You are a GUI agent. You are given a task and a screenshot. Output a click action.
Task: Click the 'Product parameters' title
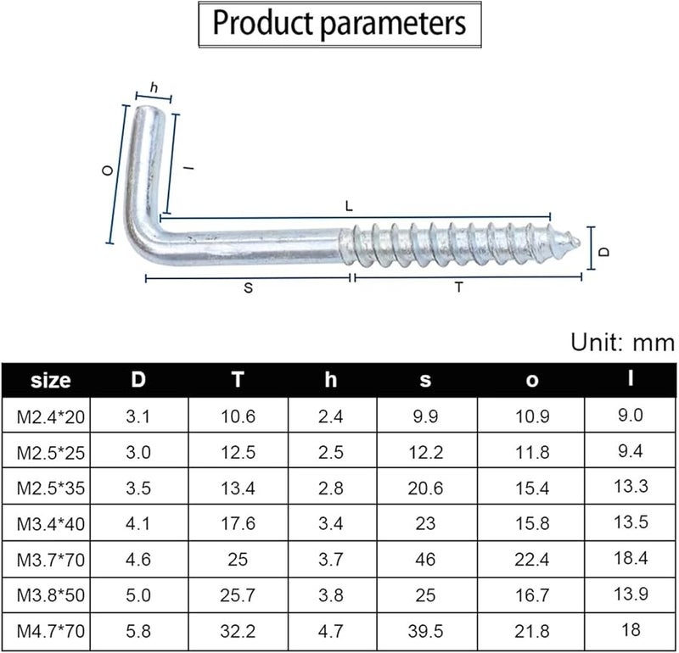[339, 23]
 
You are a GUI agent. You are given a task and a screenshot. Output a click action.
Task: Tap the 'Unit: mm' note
[622, 343]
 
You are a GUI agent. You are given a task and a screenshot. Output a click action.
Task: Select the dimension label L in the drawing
[349, 206]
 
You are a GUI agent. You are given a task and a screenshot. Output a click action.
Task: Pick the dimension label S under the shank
[248, 287]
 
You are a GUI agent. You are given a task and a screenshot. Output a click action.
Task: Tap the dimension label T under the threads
[459, 287]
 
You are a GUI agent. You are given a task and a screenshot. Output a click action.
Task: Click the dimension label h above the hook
[154, 88]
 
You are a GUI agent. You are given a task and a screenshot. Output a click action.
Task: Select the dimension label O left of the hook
[107, 170]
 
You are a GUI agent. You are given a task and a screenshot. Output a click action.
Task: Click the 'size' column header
[51, 381]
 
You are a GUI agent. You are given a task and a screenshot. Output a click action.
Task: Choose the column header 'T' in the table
[238, 380]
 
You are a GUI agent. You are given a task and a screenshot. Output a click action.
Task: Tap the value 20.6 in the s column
[425, 488]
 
